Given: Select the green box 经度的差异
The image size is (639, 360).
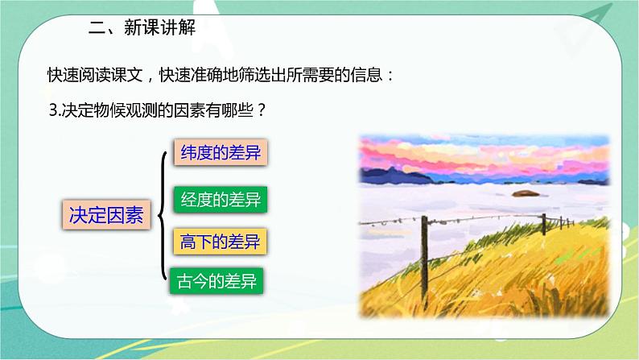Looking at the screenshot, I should coord(218,198).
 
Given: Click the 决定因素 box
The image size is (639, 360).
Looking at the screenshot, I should coord(106,216).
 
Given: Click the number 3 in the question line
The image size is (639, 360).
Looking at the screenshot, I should coord(52,113).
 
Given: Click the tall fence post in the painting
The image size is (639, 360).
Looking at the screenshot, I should coord(545,234).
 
